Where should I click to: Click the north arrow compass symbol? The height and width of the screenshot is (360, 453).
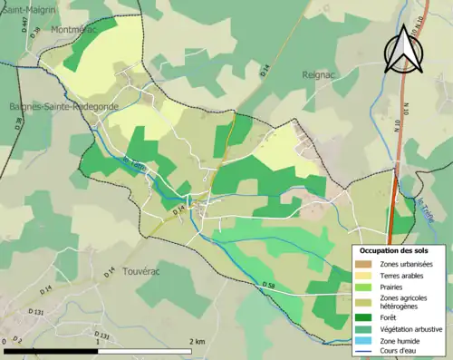[x=401, y=49]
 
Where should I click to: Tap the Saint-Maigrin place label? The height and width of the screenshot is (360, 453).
[x=28, y=8]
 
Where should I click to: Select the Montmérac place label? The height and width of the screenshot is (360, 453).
[x=75, y=29]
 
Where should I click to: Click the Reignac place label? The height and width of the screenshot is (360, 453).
[x=320, y=76]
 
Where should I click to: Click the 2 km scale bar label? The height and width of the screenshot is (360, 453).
[x=196, y=341]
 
